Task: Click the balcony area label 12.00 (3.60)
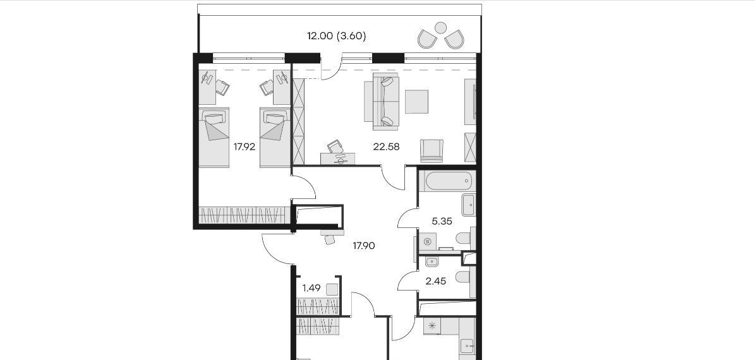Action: [x=337, y=36]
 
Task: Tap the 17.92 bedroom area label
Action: [x=244, y=147]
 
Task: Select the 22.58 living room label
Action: [x=386, y=147]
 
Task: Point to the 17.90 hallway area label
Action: [x=363, y=246]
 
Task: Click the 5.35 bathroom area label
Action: [x=442, y=222]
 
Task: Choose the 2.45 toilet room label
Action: [x=436, y=282]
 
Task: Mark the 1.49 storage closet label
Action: [x=311, y=288]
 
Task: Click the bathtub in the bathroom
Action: [x=447, y=181]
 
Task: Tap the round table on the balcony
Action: [x=440, y=28]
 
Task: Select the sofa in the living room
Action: [x=385, y=102]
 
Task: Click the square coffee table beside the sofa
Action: [x=416, y=102]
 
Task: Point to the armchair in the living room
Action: [x=432, y=151]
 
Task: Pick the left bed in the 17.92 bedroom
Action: [x=214, y=137]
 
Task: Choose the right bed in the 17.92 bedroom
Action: [x=275, y=137]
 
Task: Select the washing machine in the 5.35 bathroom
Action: [x=427, y=242]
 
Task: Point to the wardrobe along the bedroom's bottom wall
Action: [x=245, y=215]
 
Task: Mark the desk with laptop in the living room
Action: [x=338, y=159]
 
